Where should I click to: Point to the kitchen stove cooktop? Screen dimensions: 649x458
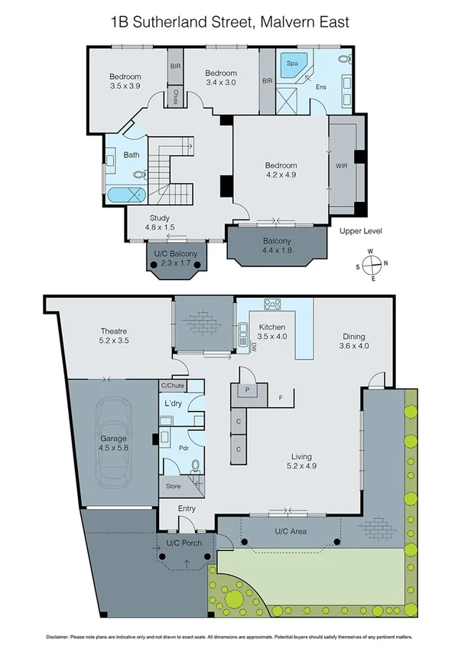pyautogui.click(x=273, y=303)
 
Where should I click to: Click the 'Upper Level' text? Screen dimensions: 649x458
pyautogui.click(x=360, y=231)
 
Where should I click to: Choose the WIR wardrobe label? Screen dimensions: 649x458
pyautogui.click(x=341, y=164)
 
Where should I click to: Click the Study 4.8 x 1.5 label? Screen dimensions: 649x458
pyautogui.click(x=159, y=222)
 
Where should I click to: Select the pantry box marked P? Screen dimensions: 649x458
pyautogui.click(x=247, y=390)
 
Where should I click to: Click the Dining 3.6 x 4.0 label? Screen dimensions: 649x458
pyautogui.click(x=353, y=341)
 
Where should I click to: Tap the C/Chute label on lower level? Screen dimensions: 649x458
pyautogui.click(x=172, y=385)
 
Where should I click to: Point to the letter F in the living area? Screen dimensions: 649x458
pyautogui.click(x=281, y=397)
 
